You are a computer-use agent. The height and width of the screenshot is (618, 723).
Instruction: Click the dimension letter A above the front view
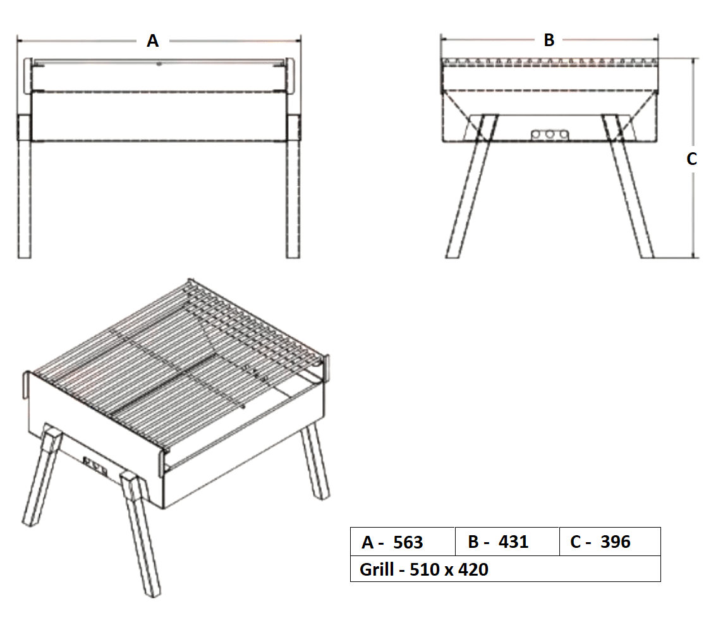[153, 41]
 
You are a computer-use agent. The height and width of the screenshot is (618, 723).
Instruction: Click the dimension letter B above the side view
[549, 40]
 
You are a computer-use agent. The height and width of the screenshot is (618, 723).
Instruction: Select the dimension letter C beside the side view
[692, 159]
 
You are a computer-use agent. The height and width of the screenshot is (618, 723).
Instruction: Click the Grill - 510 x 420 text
[424, 569]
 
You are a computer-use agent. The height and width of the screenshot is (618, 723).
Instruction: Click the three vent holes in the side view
[549, 135]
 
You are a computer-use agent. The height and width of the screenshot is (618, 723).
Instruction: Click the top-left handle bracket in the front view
[28, 76]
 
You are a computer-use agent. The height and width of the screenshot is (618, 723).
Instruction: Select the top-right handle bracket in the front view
[291, 76]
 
